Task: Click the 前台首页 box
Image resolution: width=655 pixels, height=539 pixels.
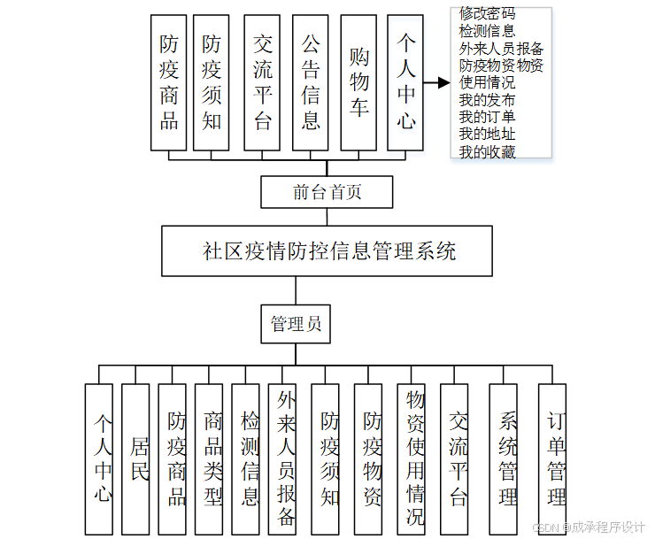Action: click(x=327, y=191)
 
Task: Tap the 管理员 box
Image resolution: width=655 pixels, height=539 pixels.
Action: click(x=296, y=324)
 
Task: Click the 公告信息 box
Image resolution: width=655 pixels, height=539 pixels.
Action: click(x=310, y=81)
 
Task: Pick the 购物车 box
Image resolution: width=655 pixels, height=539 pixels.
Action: click(x=358, y=81)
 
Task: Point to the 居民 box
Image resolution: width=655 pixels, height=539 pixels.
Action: click(x=135, y=458)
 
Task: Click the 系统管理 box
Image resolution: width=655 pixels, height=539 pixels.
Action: click(x=507, y=458)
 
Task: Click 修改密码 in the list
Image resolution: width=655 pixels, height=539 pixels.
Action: click(x=487, y=14)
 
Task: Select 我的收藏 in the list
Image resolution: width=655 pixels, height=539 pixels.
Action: click(x=487, y=151)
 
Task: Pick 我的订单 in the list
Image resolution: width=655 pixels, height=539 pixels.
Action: click(x=487, y=117)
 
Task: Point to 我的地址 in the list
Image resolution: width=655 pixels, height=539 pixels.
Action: click(x=487, y=134)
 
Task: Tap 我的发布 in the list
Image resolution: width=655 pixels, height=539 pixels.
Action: click(x=487, y=100)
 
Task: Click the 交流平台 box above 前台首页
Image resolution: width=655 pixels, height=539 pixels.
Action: click(x=262, y=81)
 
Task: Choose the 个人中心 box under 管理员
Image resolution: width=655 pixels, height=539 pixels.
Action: click(x=99, y=458)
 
